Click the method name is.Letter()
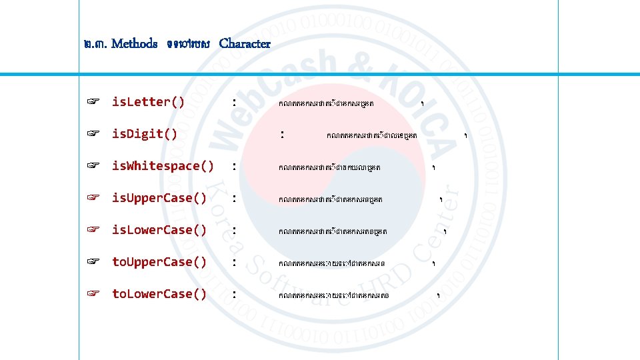click(x=148, y=102)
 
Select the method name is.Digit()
click(x=145, y=134)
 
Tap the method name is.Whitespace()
click(x=163, y=166)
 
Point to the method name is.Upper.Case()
click(x=159, y=198)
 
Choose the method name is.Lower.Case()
click(x=159, y=230)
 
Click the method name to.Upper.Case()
click(x=159, y=262)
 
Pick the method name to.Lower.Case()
click(x=159, y=294)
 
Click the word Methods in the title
click(x=135, y=44)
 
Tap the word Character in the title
click(x=245, y=44)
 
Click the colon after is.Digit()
click(x=283, y=134)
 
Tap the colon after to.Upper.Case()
click(x=233, y=262)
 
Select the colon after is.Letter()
click(x=233, y=102)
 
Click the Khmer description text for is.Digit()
click(x=372, y=135)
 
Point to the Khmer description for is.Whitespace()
click(x=324, y=167)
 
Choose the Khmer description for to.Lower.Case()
click(x=333, y=295)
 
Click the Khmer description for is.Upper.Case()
click(x=331, y=199)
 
